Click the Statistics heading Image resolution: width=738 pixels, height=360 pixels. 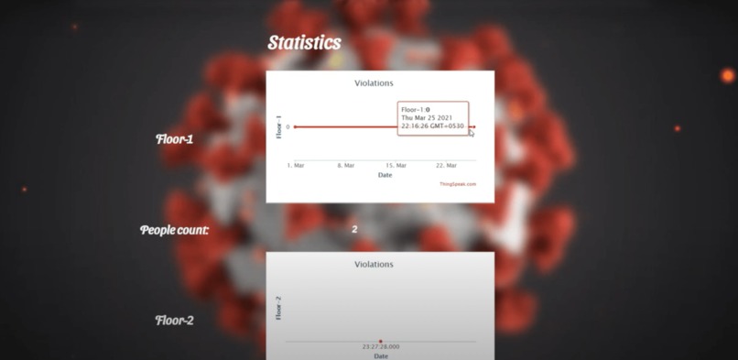pos(304,43)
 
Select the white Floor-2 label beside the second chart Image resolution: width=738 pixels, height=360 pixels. pos(174,321)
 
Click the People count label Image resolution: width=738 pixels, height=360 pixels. pos(174,230)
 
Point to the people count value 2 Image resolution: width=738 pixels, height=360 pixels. pos(354,230)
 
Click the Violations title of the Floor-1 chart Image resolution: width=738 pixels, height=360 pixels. pos(374,83)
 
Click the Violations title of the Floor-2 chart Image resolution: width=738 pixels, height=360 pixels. pos(374,264)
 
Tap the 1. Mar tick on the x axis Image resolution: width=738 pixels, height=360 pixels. pos(295,165)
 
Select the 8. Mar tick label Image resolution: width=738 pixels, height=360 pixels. pos(345,165)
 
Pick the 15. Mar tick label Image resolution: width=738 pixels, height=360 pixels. pos(396,165)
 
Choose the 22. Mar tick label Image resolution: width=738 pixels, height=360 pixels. pos(446,165)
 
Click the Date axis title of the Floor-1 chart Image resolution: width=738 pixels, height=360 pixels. pos(385,175)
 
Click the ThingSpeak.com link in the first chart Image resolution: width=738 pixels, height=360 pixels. pos(459,184)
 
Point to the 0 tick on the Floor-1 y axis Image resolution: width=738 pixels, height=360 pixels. pos(288,126)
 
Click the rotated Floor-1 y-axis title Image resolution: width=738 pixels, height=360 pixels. pos(278,126)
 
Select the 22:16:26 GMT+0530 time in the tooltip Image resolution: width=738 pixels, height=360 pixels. pos(432,126)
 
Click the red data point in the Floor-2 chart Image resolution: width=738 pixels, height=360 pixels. pos(381,342)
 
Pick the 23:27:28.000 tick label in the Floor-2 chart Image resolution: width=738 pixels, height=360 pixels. pos(381,348)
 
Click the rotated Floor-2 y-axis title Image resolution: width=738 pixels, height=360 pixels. pos(278,307)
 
